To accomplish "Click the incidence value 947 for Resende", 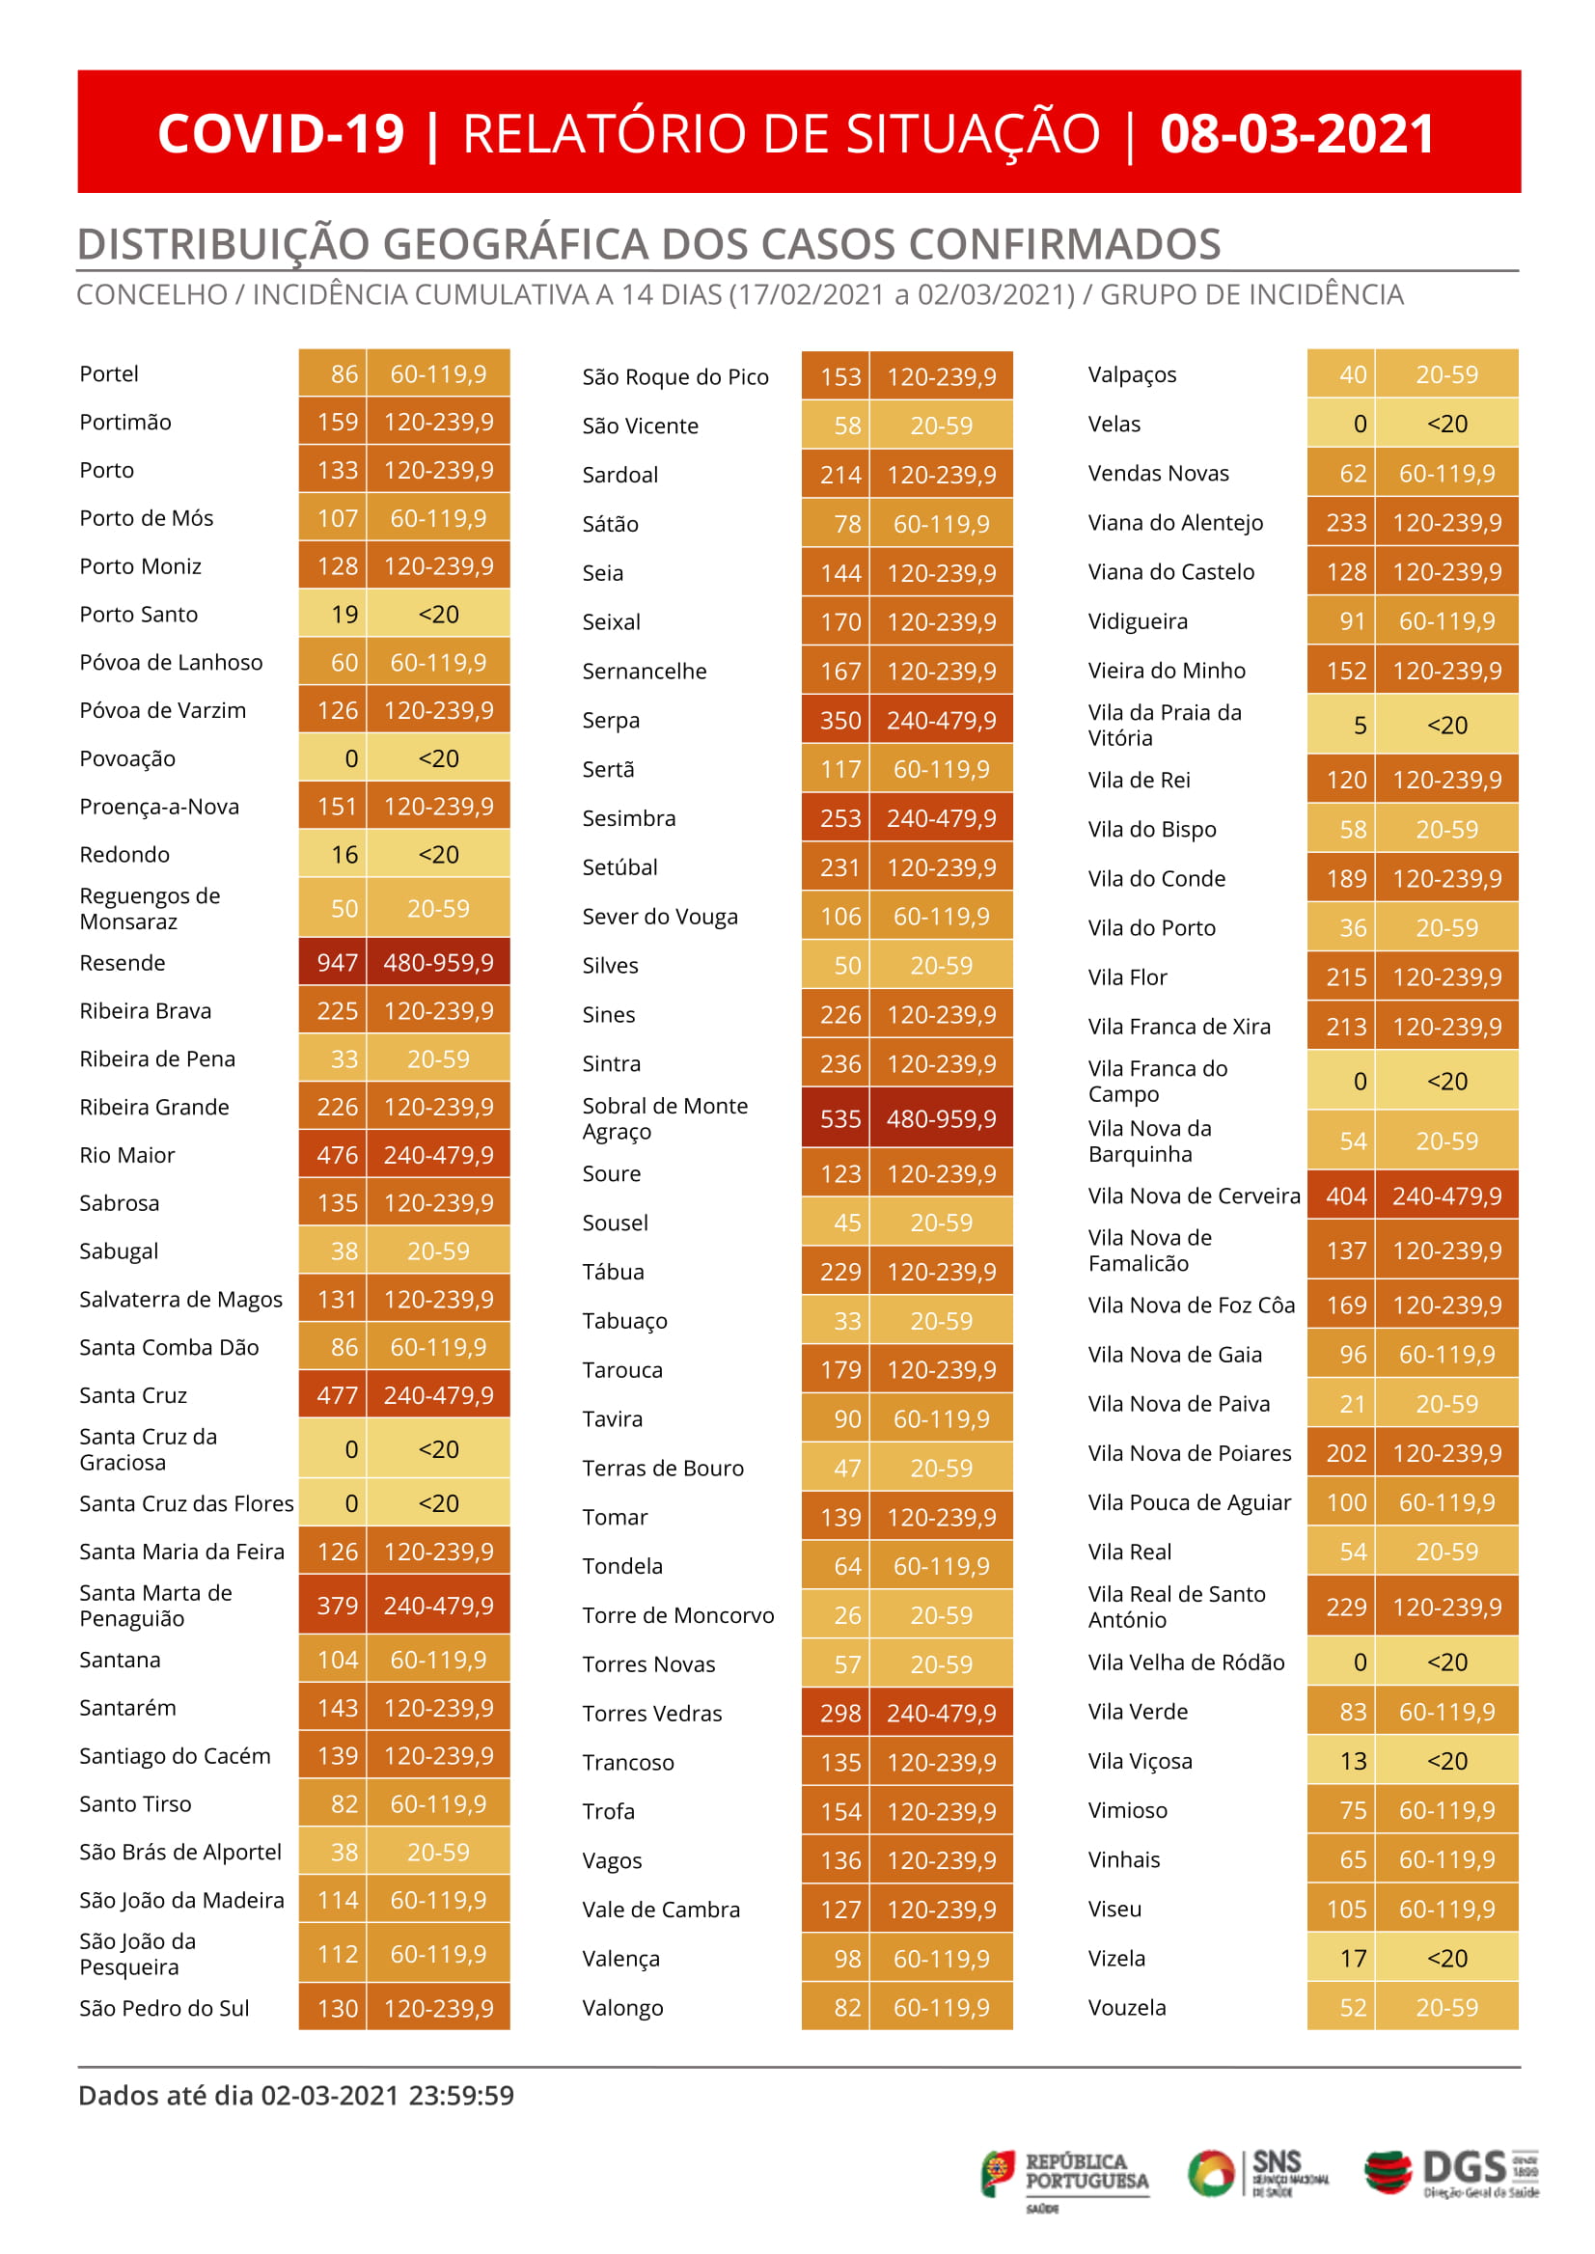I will [x=336, y=963].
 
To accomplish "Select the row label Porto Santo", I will [x=139, y=615].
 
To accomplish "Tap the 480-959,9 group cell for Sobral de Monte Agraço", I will [x=941, y=1118].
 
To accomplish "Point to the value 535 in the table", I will [x=839, y=1118].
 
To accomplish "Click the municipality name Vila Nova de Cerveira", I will [x=1194, y=1196].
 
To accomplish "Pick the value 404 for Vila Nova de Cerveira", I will [x=1345, y=1196].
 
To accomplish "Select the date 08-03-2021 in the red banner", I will [x=1297, y=133].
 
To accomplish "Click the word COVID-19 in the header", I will [x=281, y=133].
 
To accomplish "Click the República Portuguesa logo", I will [x=1064, y=2175].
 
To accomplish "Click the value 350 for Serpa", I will [x=839, y=721].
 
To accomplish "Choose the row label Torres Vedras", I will [x=652, y=1714].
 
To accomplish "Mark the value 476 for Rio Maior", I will [x=336, y=1155].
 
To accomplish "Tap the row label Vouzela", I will [x=1126, y=2008].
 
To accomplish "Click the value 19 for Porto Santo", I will [x=344, y=615].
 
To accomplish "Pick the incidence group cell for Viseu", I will [x=1445, y=1910].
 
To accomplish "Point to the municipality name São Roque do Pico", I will [x=674, y=377].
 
